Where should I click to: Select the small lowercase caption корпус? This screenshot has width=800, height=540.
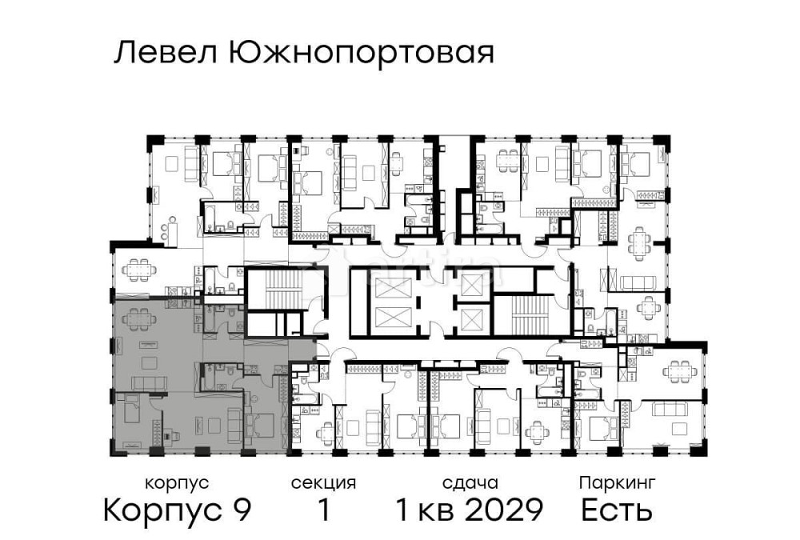(177, 483)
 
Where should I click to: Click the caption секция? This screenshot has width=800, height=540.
(323, 483)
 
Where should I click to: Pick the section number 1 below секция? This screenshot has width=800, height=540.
(323, 510)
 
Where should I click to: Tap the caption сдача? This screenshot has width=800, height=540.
(470, 483)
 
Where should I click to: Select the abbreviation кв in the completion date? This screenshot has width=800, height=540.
(441, 510)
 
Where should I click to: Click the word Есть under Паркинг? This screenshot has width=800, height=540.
(617, 510)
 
